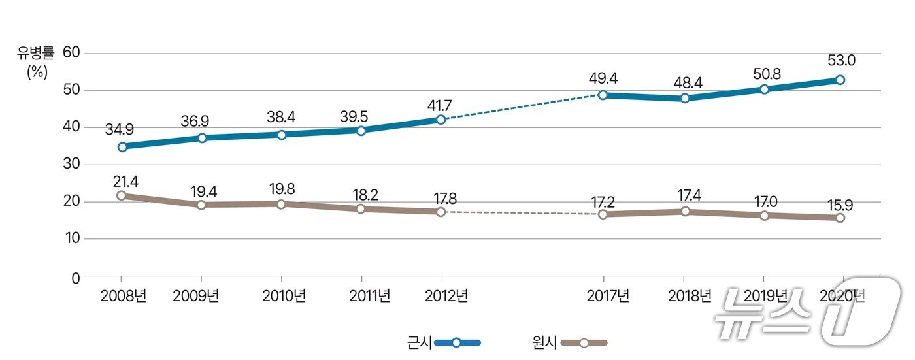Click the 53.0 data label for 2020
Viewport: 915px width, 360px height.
842,61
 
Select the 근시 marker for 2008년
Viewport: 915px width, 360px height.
123,147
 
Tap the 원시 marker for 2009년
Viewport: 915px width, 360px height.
201,205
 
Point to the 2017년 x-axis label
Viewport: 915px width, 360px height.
607,296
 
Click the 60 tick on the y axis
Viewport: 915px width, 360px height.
72,53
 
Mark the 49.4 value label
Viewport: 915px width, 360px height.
603,78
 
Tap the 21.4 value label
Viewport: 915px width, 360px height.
125,181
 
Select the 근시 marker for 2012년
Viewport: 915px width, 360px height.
441,120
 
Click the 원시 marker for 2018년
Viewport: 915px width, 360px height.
685,212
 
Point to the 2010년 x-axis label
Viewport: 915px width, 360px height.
284,296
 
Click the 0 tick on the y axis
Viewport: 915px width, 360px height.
76,277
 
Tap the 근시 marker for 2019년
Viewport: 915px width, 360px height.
764,89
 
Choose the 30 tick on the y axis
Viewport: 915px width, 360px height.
72,165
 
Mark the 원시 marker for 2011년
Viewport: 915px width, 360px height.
361,209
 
